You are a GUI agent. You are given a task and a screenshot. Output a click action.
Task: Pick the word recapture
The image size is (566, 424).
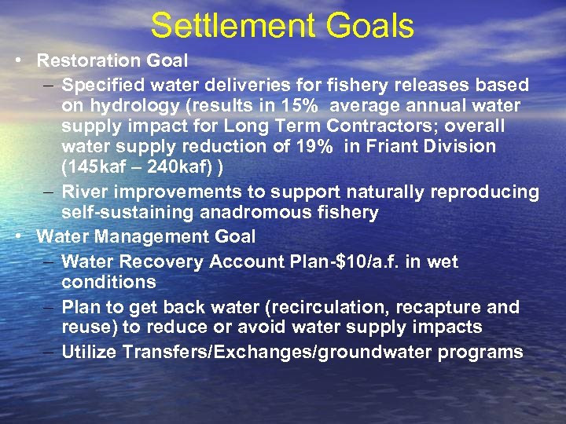click(445, 306)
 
